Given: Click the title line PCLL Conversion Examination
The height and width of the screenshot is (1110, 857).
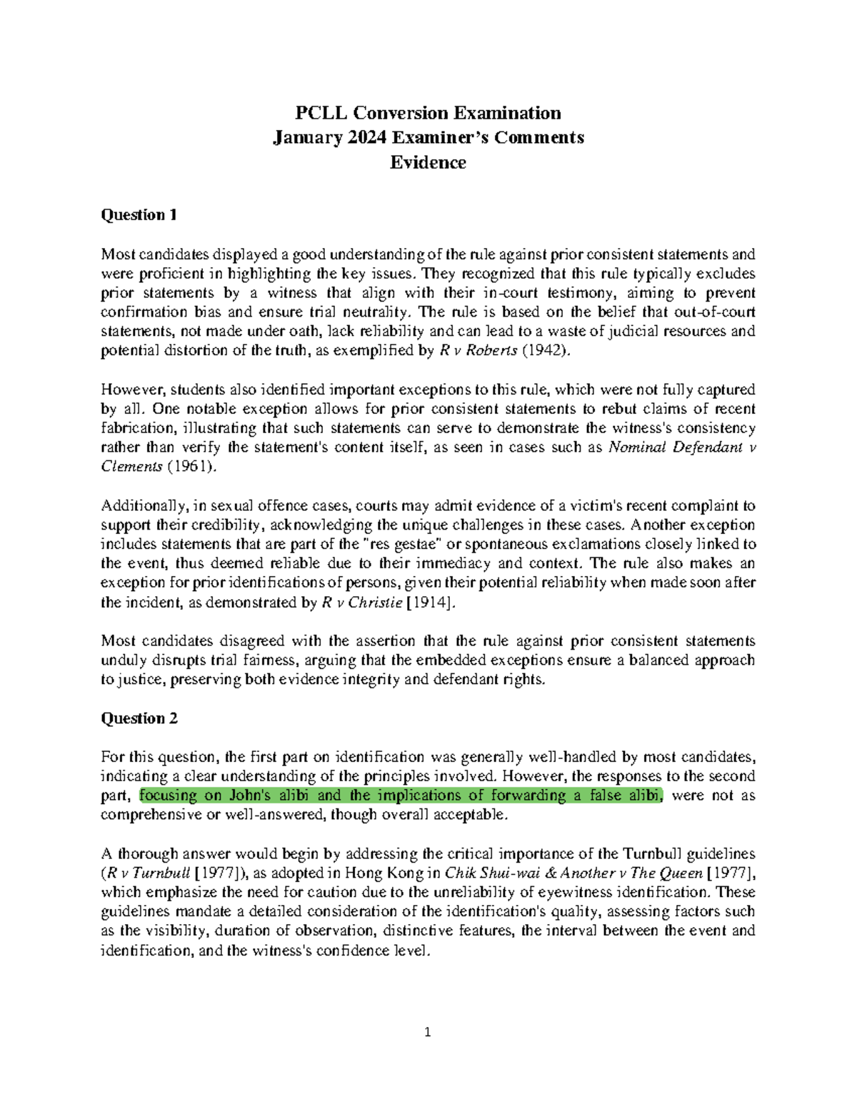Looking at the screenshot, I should [428, 113].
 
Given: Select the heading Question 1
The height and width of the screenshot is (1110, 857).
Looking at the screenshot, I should [139, 215].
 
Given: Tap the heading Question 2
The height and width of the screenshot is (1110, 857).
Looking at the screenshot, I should [139, 718].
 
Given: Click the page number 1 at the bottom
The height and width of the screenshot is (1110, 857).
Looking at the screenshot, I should [428, 1031].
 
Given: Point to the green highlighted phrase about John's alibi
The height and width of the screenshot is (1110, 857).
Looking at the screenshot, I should [401, 796].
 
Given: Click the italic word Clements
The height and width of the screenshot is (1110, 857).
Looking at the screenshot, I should [132, 467].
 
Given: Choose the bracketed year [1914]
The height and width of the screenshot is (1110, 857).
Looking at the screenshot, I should [430, 603].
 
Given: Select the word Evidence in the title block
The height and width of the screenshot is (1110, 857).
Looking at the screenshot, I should [428, 162].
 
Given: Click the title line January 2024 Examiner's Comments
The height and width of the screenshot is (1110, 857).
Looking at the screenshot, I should [428, 137].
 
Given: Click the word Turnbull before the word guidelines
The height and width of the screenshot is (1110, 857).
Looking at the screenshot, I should [655, 853].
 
